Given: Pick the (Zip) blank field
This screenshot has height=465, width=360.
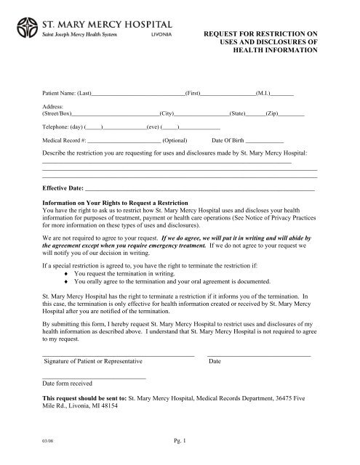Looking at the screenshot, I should [292, 115].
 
